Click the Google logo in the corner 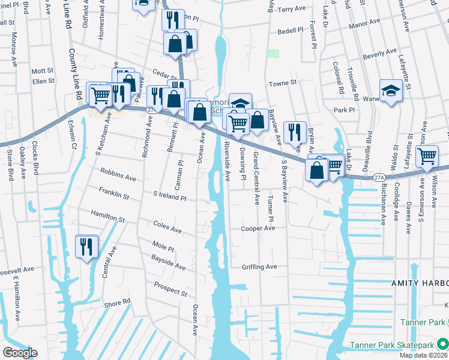click(x=20, y=352)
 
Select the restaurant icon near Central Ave click(x=86, y=247)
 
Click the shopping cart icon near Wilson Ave click(x=427, y=156)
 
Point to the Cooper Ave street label click(x=258, y=229)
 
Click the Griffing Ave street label click(x=259, y=267)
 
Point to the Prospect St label click(x=170, y=289)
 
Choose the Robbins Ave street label click(x=118, y=176)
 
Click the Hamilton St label click(x=107, y=216)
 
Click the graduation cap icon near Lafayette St click(x=391, y=91)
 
